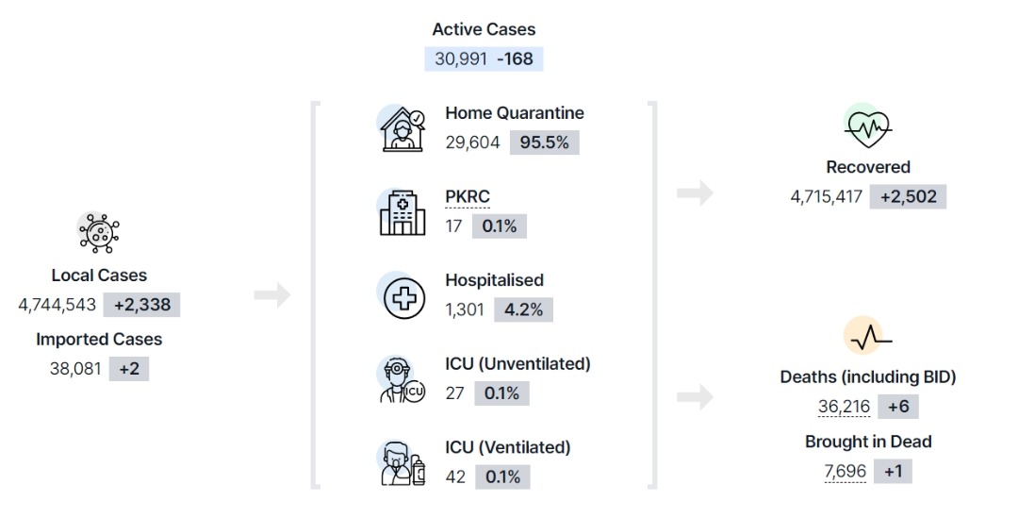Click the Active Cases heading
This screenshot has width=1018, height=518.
pos(484,29)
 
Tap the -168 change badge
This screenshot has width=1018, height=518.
pos(515,58)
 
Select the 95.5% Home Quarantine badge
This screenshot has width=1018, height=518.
pos(544,142)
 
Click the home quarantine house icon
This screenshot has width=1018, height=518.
pos(402,128)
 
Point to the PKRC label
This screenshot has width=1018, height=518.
pos(468,196)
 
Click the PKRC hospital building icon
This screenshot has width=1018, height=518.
pos(402,212)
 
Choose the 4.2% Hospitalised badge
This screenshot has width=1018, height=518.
pos(523,309)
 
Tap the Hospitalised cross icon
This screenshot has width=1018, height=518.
pos(403,297)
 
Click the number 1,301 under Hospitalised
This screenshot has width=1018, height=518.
pos(465,309)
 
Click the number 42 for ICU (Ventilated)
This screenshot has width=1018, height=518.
pos(455,477)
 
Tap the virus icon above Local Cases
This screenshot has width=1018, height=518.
pos(99,233)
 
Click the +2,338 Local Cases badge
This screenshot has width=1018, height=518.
pos(142,305)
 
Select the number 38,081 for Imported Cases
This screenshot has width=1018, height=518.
pos(75,369)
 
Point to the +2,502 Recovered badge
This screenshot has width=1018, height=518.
pos(909,197)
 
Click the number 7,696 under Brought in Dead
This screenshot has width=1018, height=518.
pos(846,471)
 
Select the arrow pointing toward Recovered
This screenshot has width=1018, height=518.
pos(696,193)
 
